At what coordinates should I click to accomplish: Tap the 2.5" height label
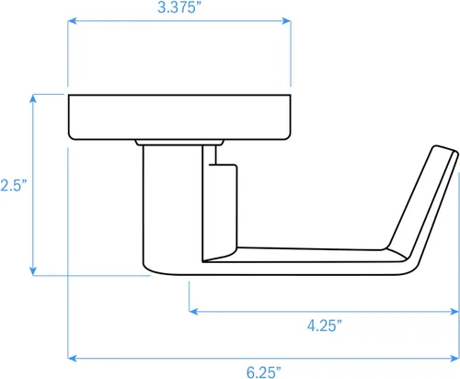[14, 185]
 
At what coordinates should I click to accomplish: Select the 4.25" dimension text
[325, 326]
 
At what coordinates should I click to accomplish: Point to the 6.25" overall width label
[264, 373]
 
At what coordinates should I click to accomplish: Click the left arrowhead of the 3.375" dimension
[72, 21]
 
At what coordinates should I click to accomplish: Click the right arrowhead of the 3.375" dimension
[286, 21]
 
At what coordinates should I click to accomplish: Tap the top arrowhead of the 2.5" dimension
[33, 98]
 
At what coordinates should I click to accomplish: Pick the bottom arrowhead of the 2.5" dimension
[33, 271]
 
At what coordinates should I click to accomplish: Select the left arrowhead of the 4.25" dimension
[193, 312]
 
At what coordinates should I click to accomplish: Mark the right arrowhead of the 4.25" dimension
[454, 312]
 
